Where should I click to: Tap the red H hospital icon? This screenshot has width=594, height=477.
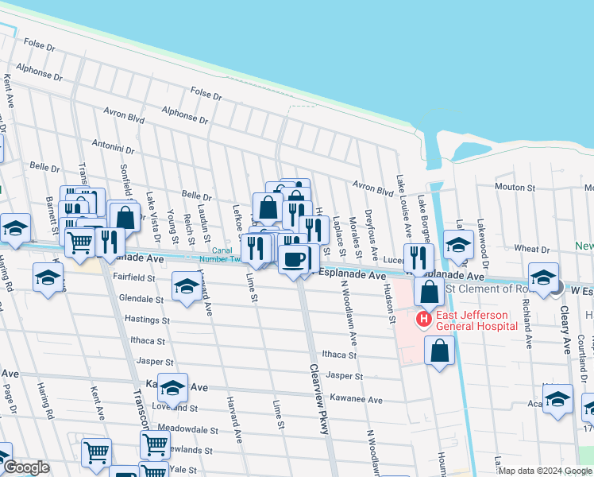423,320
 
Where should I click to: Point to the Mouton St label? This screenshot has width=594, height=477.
515,188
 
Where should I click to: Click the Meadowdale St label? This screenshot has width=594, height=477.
188,429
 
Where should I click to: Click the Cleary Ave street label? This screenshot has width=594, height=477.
567,335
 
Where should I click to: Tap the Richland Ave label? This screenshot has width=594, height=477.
526,326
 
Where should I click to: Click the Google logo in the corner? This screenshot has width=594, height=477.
26,468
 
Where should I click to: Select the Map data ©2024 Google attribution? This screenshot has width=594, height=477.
544,471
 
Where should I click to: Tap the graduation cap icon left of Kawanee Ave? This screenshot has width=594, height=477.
172,388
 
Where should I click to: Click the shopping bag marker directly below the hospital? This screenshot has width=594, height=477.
439,350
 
